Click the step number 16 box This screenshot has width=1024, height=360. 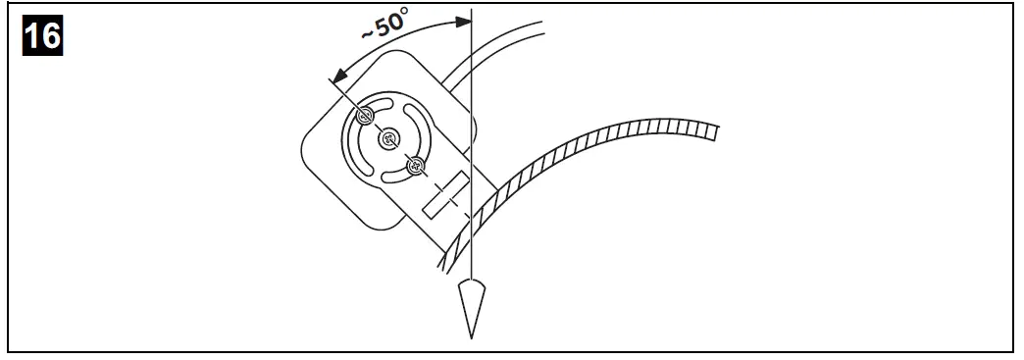tap(42, 36)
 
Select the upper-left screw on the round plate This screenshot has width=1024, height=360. tap(366, 117)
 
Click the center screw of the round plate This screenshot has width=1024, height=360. tap(390, 138)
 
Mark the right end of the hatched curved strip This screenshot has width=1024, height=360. tap(714, 129)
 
